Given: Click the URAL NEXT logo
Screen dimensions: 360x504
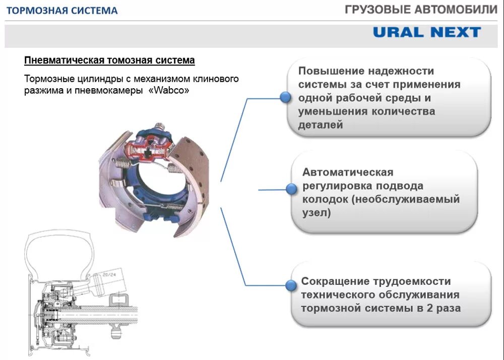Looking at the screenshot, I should point(426,32).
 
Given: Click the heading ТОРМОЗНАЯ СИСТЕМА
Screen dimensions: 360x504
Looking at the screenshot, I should point(61,11).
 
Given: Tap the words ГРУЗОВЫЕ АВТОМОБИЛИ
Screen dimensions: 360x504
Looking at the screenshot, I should point(421,10).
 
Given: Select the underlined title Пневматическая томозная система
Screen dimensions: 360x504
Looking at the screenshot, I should point(109,61).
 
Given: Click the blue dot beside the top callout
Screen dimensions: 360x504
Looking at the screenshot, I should point(285,98).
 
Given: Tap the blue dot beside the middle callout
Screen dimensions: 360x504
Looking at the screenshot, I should point(291,189).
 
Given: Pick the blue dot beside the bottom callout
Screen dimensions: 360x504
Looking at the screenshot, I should point(290,286).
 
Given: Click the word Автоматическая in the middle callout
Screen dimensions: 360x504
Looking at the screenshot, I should point(347,172).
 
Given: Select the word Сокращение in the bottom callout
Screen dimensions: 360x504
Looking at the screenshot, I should point(334,281).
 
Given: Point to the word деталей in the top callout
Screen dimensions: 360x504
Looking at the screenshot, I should point(320,125).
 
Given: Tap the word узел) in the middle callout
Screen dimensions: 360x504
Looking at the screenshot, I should point(317,213).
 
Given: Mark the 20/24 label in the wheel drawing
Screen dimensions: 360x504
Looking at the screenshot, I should point(108,275).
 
